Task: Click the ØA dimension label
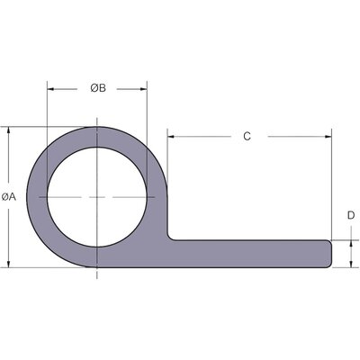(x=8, y=196)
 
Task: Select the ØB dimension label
(x=98, y=87)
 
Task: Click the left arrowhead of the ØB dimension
(x=51, y=89)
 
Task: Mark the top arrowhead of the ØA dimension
(x=9, y=131)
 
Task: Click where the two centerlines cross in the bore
(x=96, y=196)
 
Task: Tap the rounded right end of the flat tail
(x=330, y=253)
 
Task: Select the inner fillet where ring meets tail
(x=170, y=236)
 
